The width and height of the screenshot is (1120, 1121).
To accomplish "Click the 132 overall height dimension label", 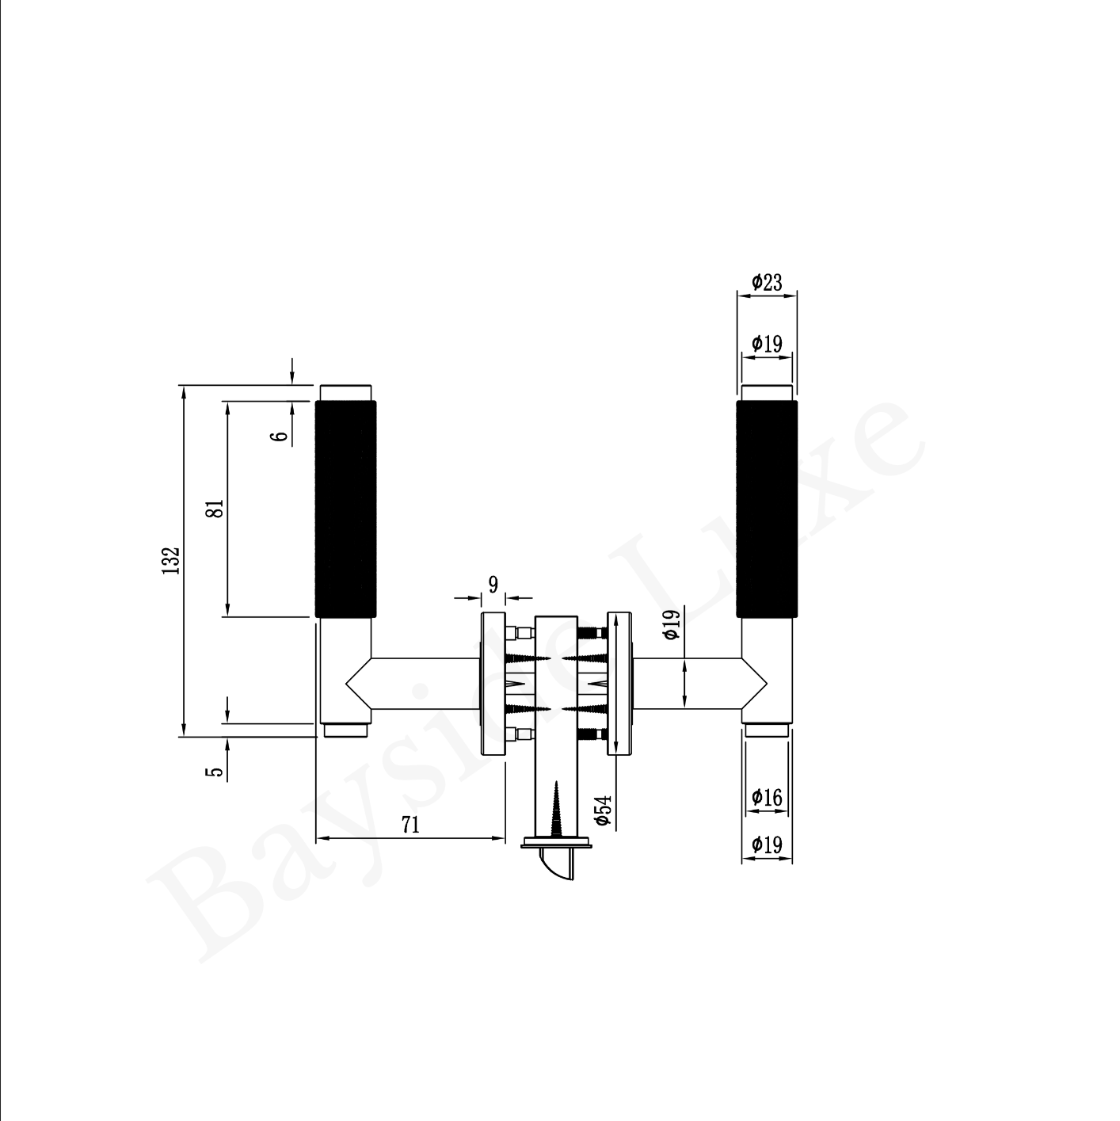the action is tap(170, 560).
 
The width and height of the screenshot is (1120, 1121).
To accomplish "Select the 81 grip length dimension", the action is tap(216, 509).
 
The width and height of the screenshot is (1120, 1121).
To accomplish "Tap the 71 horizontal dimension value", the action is tap(411, 825).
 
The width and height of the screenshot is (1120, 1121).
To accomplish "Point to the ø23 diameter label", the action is tap(767, 283).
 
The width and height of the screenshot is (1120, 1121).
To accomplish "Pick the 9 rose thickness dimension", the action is tap(493, 584).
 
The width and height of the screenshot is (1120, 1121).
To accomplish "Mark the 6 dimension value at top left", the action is tap(281, 436).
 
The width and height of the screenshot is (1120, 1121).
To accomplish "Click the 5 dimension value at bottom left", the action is tap(215, 772).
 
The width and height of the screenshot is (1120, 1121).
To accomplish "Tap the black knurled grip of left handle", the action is tap(345, 509).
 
